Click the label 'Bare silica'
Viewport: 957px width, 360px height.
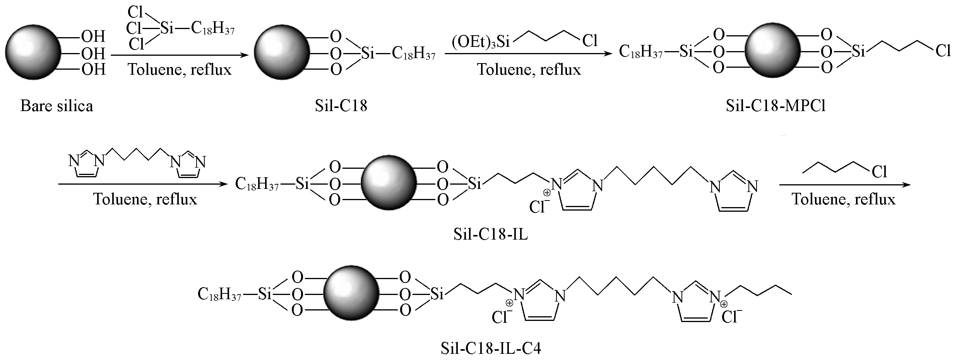coord(56,106)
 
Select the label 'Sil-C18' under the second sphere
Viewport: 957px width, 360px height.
coord(341,106)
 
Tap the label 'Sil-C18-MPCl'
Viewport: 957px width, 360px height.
coord(776,106)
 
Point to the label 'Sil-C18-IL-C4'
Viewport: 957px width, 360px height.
coord(491,349)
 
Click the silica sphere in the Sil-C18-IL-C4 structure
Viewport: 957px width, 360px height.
coord(351,293)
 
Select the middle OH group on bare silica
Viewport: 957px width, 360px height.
coord(93,53)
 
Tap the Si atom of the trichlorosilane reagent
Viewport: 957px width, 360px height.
coord(166,28)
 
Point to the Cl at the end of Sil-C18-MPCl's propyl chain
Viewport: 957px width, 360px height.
coord(943,51)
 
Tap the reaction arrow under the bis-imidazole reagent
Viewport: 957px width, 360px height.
coord(143,184)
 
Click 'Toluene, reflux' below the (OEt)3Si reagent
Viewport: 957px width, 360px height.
coord(529,69)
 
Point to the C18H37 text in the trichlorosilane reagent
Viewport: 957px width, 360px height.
coord(213,28)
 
